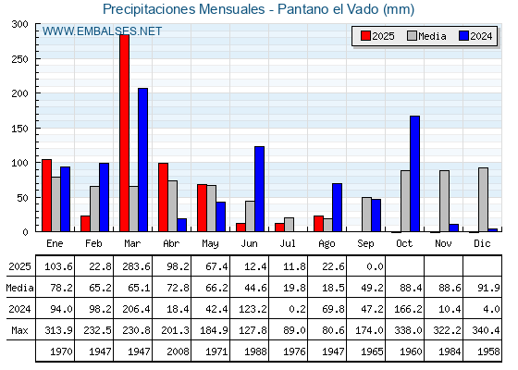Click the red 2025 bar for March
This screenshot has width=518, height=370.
(125, 133)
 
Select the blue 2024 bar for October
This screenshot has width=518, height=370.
(414, 174)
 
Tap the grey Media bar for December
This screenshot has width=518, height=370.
(483, 200)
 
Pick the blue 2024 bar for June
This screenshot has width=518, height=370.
(259, 189)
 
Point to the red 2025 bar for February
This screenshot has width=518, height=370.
(85, 224)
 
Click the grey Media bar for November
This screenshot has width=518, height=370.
(444, 201)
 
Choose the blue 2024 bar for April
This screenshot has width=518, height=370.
(181, 225)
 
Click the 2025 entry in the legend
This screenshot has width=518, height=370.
(377, 36)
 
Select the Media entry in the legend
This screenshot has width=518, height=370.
(426, 36)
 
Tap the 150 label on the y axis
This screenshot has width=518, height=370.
(19, 129)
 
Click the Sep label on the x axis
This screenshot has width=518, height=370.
(365, 243)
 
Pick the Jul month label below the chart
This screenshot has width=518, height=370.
(288, 243)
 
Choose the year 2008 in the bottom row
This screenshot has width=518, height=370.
(178, 351)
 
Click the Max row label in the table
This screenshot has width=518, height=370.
(19, 330)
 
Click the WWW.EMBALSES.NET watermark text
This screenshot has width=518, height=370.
(102, 31)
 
